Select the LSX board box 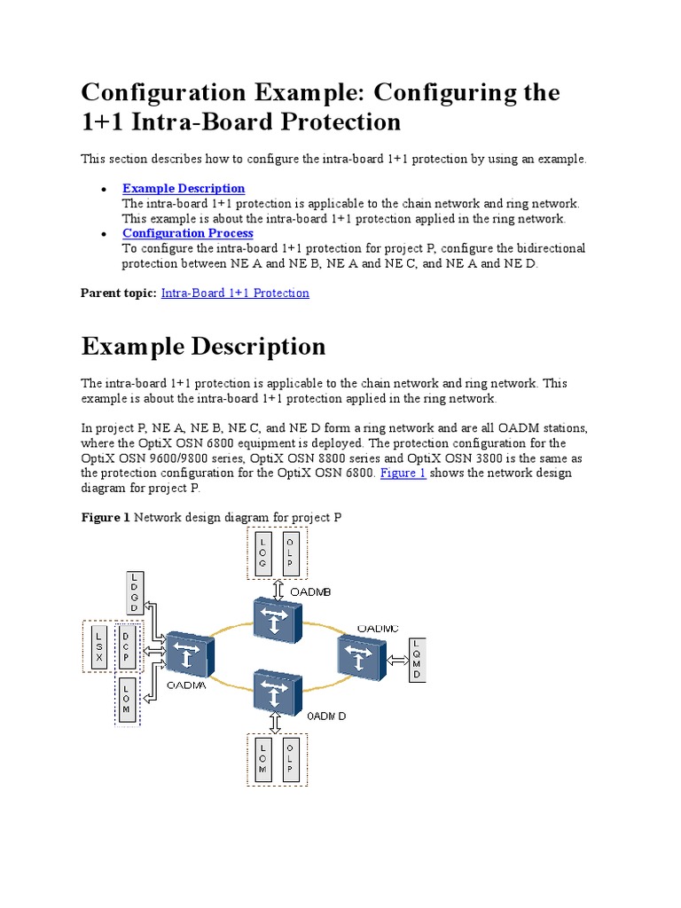tap(99, 647)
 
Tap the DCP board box tap(127, 647)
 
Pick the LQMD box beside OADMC tap(417, 659)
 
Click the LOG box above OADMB tap(262, 553)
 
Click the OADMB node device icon tap(278, 618)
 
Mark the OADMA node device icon tap(190, 657)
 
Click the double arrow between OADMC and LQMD tap(395, 659)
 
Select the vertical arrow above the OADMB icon tap(278, 588)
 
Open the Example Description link tap(184, 188)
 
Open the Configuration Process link tap(188, 233)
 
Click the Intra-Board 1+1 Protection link tap(235, 293)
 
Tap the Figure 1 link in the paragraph tap(403, 474)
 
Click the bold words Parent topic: tap(119, 293)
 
